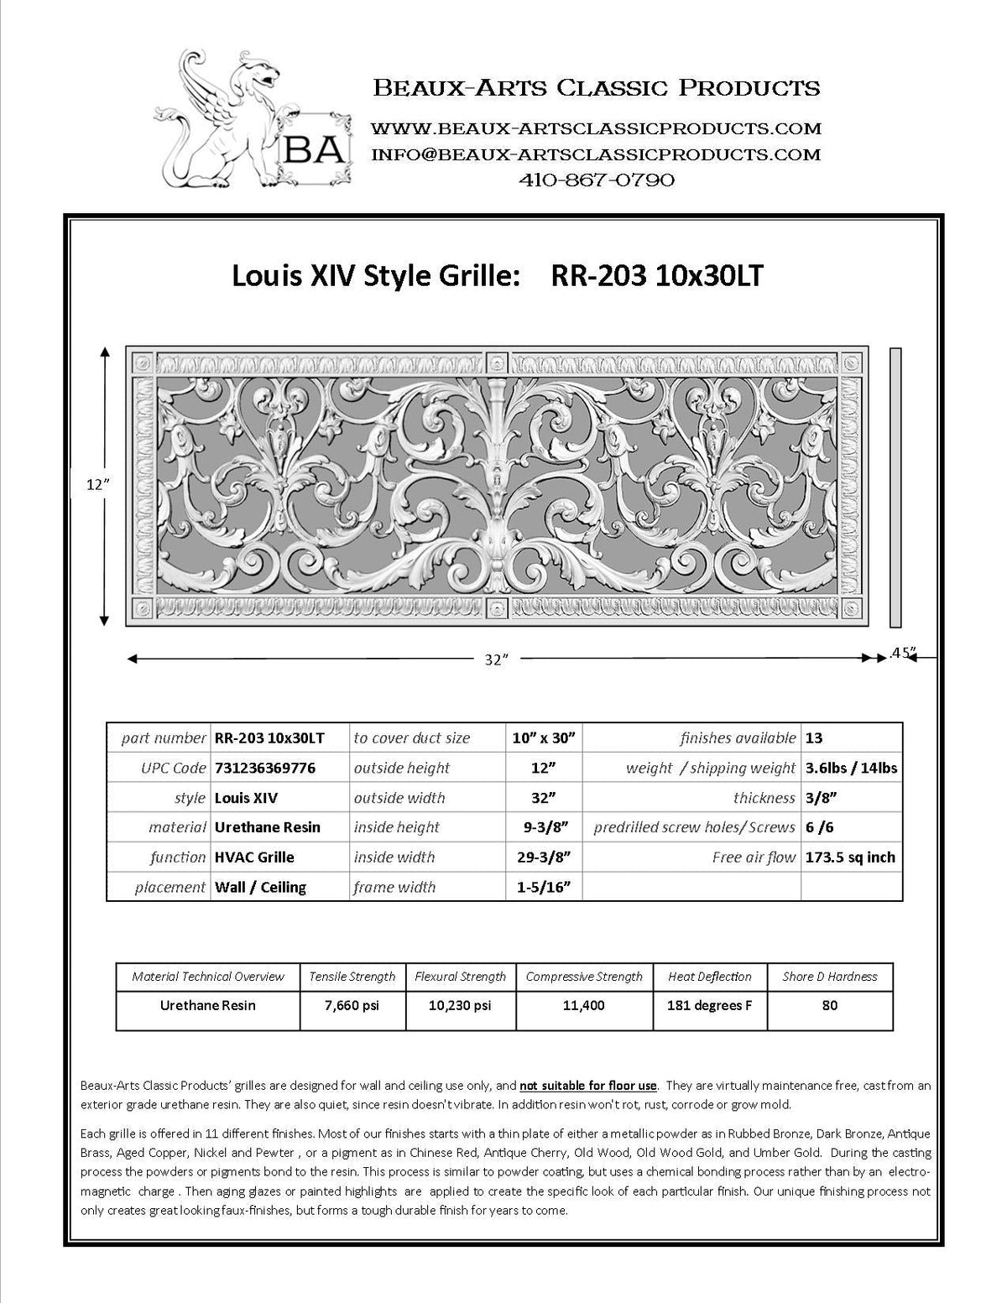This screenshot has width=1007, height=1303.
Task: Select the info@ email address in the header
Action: click(595, 154)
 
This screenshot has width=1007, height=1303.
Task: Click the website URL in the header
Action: click(595, 128)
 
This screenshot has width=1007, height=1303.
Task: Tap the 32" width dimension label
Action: click(497, 659)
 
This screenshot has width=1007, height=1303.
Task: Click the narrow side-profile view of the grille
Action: click(895, 487)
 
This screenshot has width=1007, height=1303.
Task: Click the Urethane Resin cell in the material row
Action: click(268, 827)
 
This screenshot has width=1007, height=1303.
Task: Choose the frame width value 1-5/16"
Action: click(546, 887)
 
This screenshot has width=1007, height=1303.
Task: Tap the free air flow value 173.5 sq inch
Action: click(850, 857)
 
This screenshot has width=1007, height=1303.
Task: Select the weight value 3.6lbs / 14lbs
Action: click(850, 768)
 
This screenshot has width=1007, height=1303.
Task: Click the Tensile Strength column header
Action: click(352, 977)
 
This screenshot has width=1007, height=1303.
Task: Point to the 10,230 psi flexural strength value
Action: click(460, 1005)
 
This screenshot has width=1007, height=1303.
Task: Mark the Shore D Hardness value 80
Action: click(829, 1005)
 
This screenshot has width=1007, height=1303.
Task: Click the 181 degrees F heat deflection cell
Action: click(710, 1005)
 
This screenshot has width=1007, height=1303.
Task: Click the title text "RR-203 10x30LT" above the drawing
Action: click(656, 276)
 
